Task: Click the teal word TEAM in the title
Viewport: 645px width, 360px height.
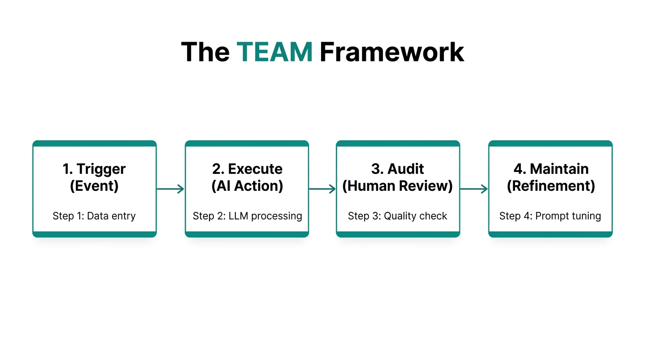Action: (274, 52)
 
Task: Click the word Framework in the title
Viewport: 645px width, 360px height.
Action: (391, 52)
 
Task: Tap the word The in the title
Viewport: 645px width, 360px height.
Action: (205, 52)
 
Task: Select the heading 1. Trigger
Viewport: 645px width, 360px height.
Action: (94, 169)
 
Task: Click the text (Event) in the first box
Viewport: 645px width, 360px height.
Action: (94, 186)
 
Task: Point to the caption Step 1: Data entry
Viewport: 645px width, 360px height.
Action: (94, 216)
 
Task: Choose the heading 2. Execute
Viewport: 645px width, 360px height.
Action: (247, 169)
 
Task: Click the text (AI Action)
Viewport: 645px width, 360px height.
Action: (247, 186)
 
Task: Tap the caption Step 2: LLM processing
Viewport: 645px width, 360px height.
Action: (247, 216)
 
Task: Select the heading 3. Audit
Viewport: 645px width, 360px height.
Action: (397, 169)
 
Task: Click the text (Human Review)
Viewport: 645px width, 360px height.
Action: (397, 186)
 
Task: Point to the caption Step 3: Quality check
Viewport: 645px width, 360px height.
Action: (397, 216)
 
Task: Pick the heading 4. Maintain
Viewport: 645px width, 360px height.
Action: (551, 169)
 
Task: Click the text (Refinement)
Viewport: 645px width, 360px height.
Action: (551, 186)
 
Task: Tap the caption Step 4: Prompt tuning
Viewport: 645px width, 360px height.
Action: (550, 216)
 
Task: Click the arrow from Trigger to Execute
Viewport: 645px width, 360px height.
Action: (170, 189)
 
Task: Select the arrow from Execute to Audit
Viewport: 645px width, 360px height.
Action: (322, 189)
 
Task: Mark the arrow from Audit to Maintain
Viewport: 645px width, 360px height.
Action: (474, 189)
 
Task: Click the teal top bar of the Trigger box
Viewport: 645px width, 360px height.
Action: (94, 143)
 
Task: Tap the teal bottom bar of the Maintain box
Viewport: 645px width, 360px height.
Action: (550, 234)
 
